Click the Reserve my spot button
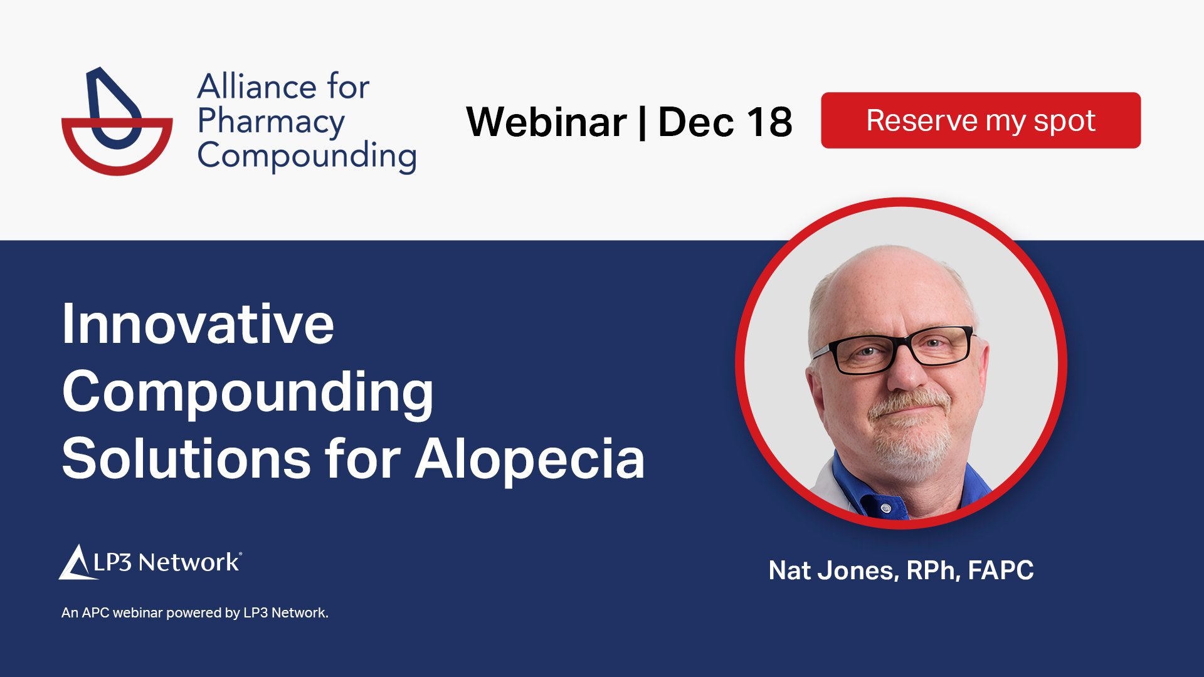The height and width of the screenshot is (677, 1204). pos(980,120)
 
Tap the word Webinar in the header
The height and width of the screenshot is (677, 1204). pos(546,122)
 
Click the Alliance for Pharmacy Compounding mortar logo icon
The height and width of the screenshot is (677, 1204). pos(117,122)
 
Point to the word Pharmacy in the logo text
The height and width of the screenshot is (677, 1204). pos(271,122)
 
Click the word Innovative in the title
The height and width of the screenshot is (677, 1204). pos(198,324)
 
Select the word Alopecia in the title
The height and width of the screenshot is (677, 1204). pos(530,459)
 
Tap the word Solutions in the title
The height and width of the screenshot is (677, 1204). pos(186,459)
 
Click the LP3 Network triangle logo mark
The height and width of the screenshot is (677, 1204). pos(76,562)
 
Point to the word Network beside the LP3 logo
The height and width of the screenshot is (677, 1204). pos(189,562)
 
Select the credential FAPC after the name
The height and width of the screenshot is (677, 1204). pos(1000,570)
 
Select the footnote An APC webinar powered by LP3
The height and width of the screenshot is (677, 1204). pos(194,612)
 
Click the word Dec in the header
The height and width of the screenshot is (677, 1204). pos(695,122)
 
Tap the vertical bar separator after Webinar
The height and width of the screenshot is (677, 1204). pos(642,122)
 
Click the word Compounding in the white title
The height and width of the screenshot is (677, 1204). pos(248,392)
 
